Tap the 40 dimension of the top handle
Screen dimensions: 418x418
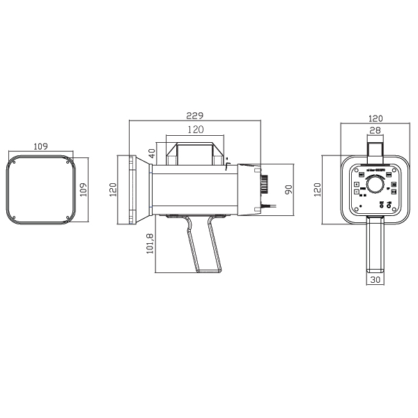pyautogui.click(x=152, y=153)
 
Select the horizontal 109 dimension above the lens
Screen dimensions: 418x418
pyautogui.click(x=41, y=146)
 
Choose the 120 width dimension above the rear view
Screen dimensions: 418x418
pyautogui.click(x=376, y=118)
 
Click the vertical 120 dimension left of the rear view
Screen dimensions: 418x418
pyautogui.click(x=317, y=189)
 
